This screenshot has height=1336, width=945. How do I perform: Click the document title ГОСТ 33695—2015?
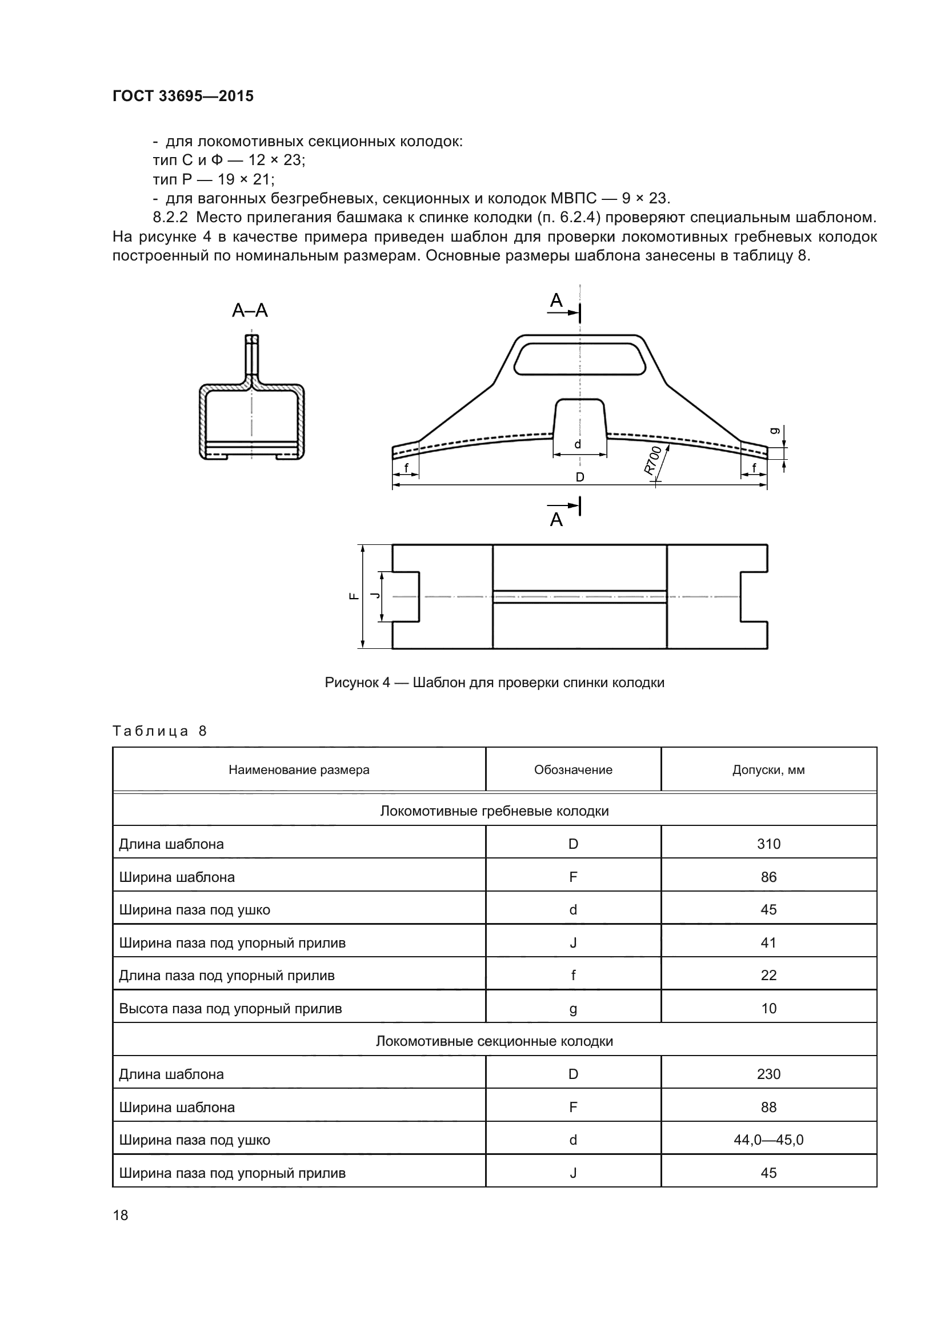(183, 96)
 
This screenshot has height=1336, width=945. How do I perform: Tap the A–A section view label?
(250, 311)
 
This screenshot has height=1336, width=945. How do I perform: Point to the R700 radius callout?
(653, 460)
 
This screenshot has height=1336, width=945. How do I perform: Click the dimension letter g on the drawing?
(774, 431)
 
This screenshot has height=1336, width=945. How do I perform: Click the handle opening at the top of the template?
(579, 358)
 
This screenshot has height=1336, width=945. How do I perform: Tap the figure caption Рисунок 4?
(494, 683)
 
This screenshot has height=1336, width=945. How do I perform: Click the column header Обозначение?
(572, 770)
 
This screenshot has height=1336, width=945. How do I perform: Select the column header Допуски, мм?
(768, 770)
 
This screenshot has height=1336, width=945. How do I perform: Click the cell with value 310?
(768, 844)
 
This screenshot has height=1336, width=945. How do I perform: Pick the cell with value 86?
(768, 877)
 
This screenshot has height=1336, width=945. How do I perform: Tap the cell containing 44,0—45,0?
(768, 1140)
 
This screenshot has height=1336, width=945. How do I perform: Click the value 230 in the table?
(768, 1074)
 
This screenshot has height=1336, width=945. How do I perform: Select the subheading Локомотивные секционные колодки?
(494, 1041)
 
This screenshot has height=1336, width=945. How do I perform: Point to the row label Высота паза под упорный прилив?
(230, 1008)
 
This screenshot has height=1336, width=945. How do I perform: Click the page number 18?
(121, 1215)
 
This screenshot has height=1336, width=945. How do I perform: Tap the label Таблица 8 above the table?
(159, 731)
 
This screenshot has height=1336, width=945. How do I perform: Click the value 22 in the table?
(768, 975)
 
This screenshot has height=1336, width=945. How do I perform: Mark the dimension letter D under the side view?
(579, 477)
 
